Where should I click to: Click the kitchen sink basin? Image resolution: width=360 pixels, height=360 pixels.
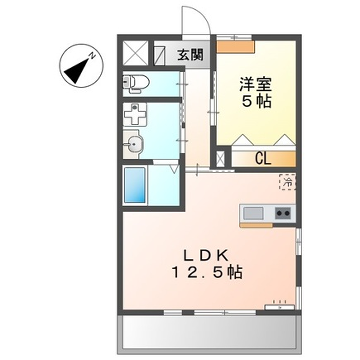[252, 212]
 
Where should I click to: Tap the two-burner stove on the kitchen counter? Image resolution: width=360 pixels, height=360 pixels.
[282, 212]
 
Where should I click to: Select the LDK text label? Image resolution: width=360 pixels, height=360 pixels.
[211, 252]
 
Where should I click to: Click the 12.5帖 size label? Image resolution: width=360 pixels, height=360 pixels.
[211, 270]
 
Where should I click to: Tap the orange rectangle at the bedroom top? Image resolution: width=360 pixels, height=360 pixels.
[236, 46]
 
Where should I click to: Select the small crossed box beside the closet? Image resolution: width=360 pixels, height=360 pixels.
[223, 158]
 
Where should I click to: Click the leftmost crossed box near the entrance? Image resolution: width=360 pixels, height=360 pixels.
[134, 53]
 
